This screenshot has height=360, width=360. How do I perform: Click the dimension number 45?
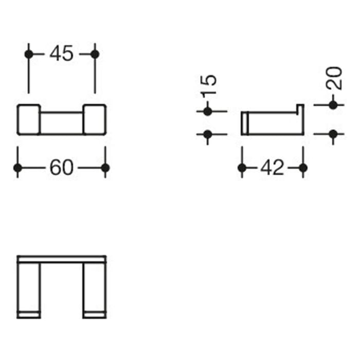(62, 54)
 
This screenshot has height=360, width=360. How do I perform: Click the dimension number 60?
(62, 168)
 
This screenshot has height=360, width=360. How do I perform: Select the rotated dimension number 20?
(334, 78)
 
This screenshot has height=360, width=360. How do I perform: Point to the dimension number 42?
(272, 168)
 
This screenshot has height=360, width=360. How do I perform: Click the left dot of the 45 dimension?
(29, 54)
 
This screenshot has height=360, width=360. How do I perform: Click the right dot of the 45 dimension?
(95, 54)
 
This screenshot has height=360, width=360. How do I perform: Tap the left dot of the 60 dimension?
(18, 168)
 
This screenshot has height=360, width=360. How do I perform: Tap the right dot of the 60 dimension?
(105, 168)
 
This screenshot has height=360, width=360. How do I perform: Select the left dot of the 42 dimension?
(242, 168)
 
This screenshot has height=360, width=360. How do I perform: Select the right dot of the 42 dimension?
(303, 168)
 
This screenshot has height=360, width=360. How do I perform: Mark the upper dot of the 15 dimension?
(208, 111)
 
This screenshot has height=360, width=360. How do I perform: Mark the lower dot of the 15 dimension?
(208, 135)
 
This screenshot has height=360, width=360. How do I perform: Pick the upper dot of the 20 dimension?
(333, 105)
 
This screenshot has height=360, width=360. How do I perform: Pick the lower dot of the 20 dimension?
(333, 135)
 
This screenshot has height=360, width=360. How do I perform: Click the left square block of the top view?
(29, 120)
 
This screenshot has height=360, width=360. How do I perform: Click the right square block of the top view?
(95, 120)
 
